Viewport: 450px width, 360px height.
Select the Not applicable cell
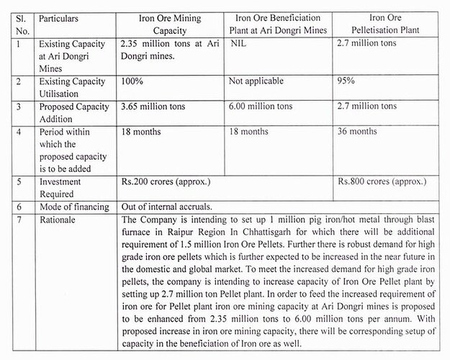pyautogui.click(x=258, y=81)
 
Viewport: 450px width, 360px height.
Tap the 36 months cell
pyautogui.click(x=356, y=132)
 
